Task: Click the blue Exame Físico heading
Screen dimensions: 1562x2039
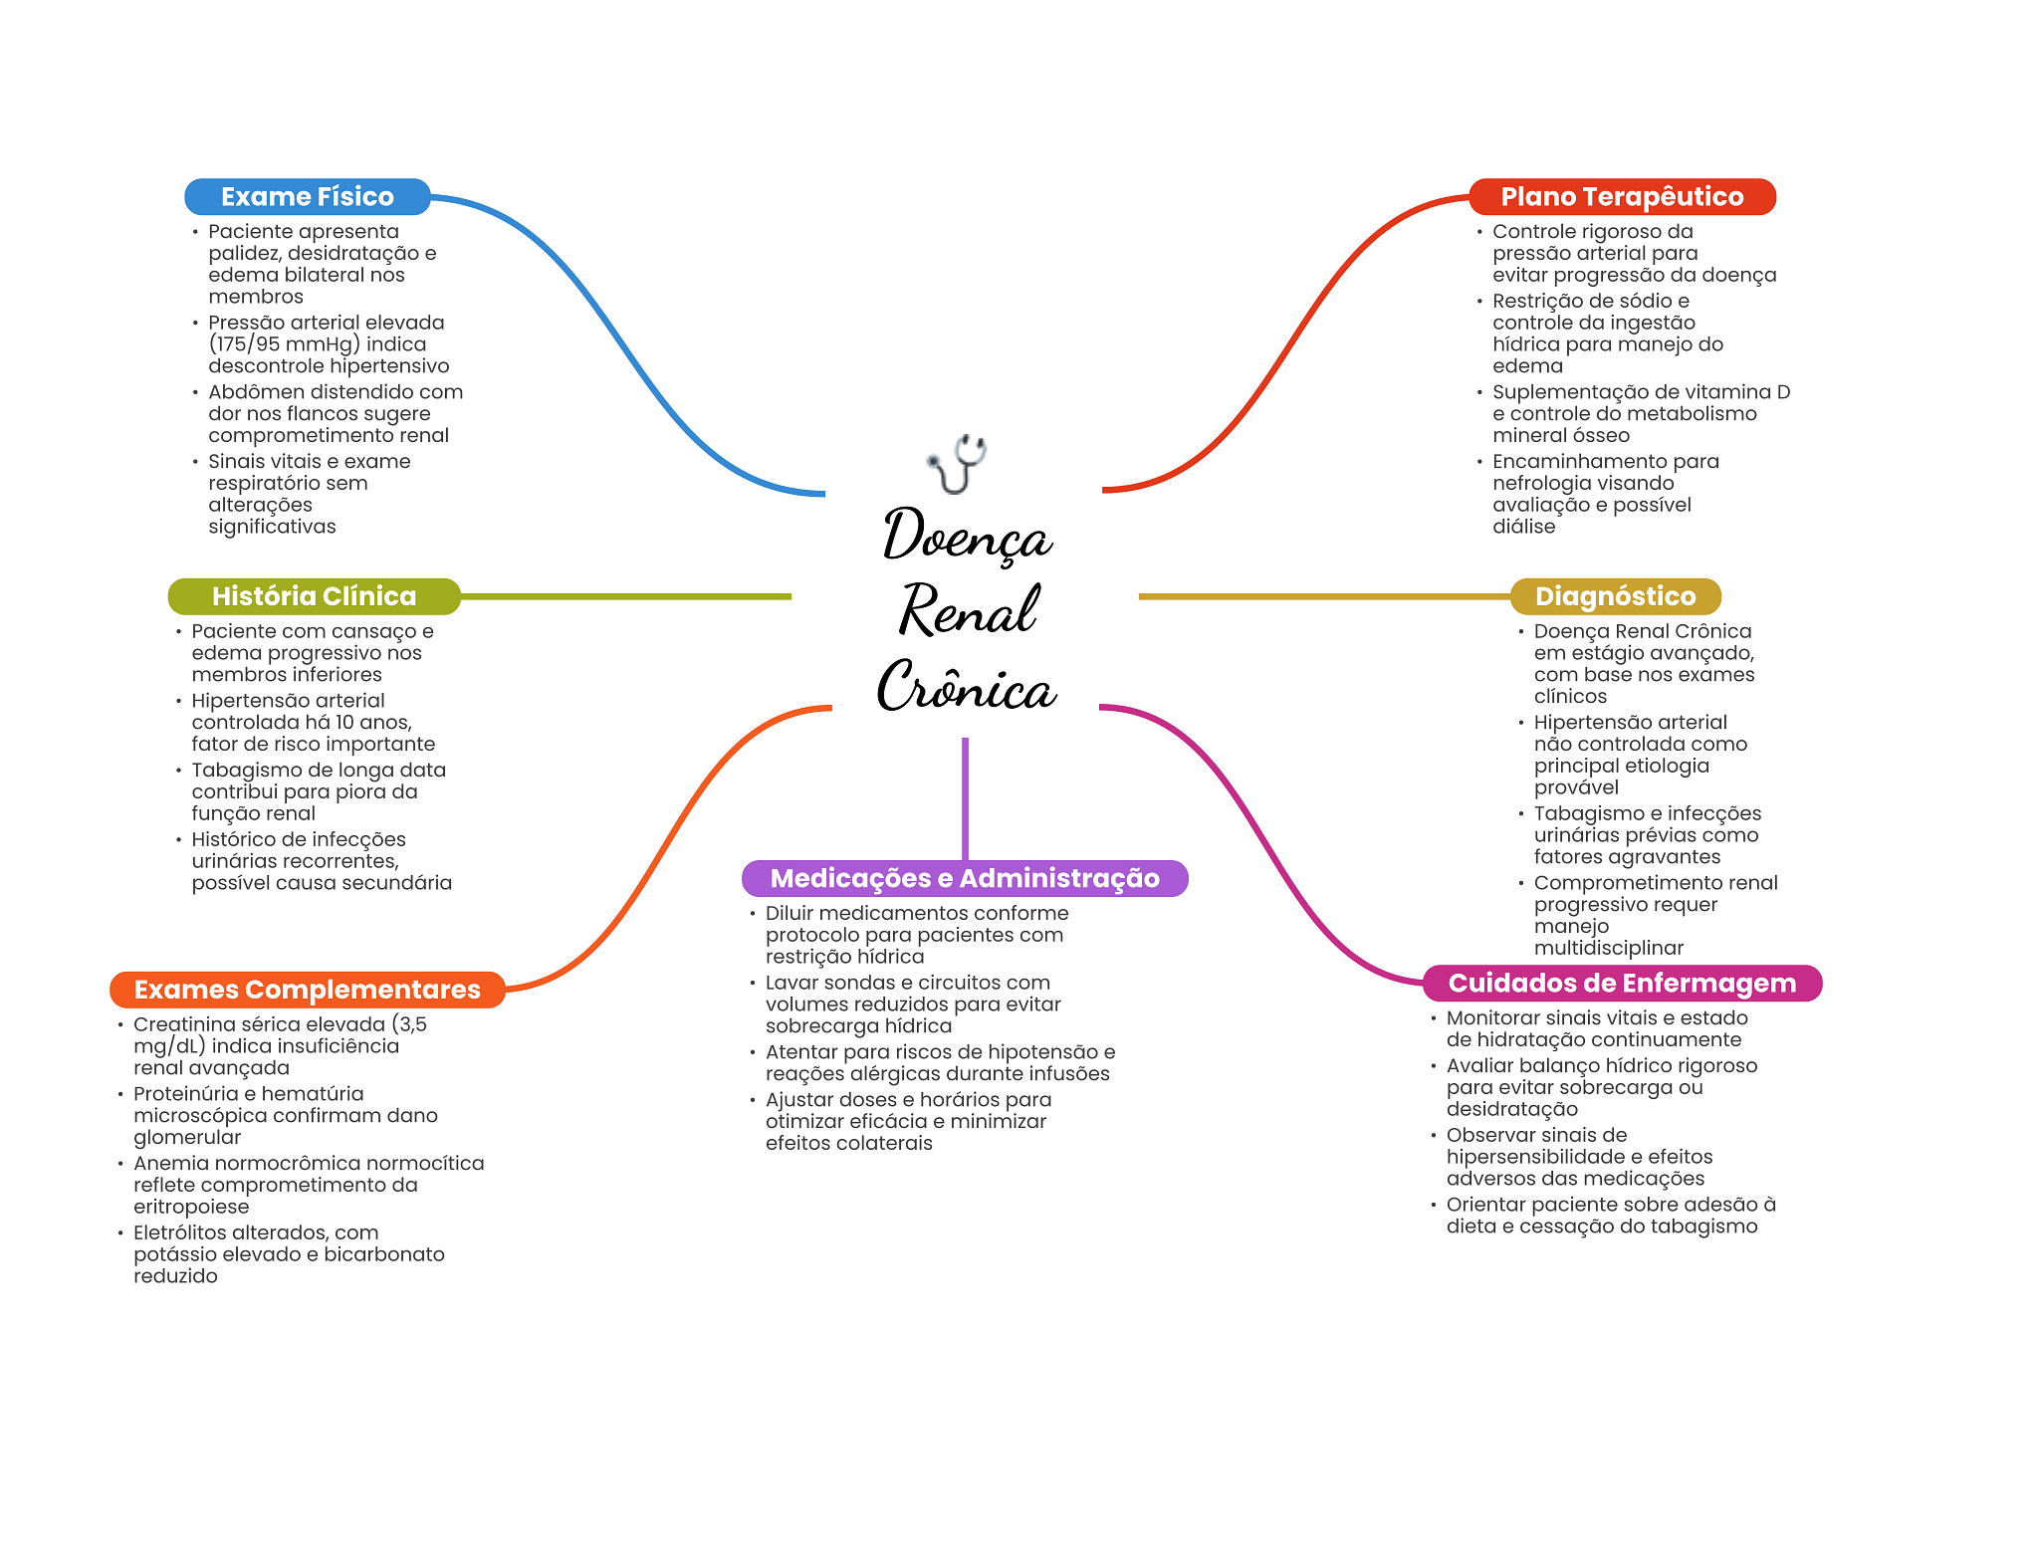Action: (307, 196)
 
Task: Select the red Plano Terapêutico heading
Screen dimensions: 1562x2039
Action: (1622, 196)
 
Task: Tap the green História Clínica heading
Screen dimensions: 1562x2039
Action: (314, 595)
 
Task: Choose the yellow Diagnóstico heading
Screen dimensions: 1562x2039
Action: (1615, 595)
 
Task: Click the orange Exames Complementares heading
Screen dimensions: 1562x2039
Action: (307, 989)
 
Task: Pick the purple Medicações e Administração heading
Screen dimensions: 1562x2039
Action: (965, 878)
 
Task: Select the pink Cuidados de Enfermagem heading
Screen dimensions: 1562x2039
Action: (1622, 983)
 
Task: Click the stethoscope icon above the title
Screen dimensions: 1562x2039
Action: (957, 463)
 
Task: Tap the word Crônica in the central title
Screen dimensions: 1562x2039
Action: (966, 687)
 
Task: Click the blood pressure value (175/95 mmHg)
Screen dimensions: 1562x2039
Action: (284, 344)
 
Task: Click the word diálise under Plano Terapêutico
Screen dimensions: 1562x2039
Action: (1523, 527)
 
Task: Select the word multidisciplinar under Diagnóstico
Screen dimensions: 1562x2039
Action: (1608, 948)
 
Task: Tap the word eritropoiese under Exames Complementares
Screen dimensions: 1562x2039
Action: (191, 1207)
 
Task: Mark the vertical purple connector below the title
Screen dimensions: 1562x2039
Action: (965, 796)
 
